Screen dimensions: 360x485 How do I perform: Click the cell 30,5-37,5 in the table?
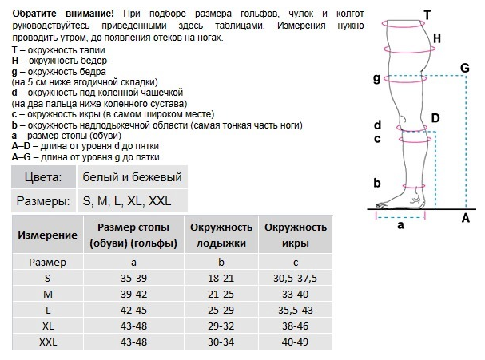tap(295, 277)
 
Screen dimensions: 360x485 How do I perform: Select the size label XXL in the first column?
tap(47, 342)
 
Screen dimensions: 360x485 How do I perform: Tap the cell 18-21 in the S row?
tap(221, 277)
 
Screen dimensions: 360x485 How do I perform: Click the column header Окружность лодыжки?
tap(221, 235)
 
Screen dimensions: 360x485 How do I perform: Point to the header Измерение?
tap(47, 235)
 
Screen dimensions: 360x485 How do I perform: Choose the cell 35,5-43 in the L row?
tap(295, 309)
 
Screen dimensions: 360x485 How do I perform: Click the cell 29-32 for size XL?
tap(221, 326)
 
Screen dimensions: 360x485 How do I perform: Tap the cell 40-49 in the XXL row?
tap(295, 342)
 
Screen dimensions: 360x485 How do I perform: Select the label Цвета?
tap(43, 177)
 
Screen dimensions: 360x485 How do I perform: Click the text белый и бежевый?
tap(132, 177)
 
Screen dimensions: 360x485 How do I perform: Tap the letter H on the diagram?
tap(436, 38)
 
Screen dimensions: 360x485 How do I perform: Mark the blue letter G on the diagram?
tap(464, 68)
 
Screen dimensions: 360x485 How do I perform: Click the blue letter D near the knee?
tap(435, 118)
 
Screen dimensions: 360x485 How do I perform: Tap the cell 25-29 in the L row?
tap(221, 309)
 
